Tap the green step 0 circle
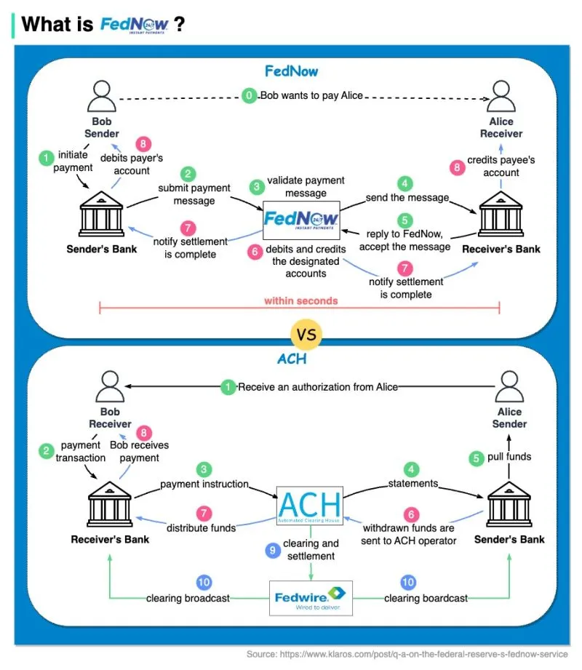tap(250, 95)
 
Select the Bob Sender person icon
tap(102, 96)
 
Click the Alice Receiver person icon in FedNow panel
tap(501, 96)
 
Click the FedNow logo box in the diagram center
tap(302, 218)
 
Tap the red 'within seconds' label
tap(300, 300)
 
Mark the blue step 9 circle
tap(273, 551)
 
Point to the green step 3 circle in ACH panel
tap(204, 469)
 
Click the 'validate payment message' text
tap(306, 186)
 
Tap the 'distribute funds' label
tap(202, 527)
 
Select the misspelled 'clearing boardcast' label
tap(426, 598)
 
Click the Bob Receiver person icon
tap(110, 386)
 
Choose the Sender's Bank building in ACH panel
tap(509, 504)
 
